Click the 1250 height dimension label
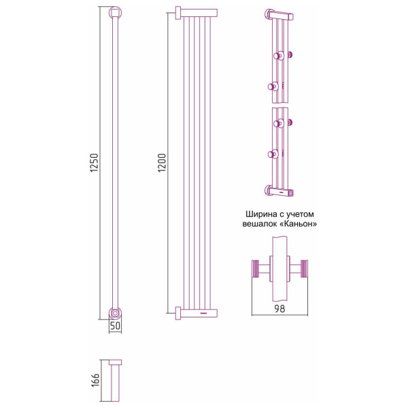(95, 163)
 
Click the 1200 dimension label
(162, 163)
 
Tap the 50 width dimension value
(116, 326)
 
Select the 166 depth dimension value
(95, 380)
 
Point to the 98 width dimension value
(279, 309)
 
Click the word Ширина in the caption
(262, 214)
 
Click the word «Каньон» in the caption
(299, 224)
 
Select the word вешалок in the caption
(261, 224)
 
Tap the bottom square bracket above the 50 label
(115, 313)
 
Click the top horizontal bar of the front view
(197, 13)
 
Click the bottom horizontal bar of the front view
(197, 313)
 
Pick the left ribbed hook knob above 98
(256, 269)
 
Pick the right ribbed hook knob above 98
(304, 269)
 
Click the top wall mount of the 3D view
(279, 15)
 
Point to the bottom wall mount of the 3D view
(279, 190)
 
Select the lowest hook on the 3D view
(273, 154)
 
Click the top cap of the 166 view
(116, 362)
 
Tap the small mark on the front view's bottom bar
(203, 313)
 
